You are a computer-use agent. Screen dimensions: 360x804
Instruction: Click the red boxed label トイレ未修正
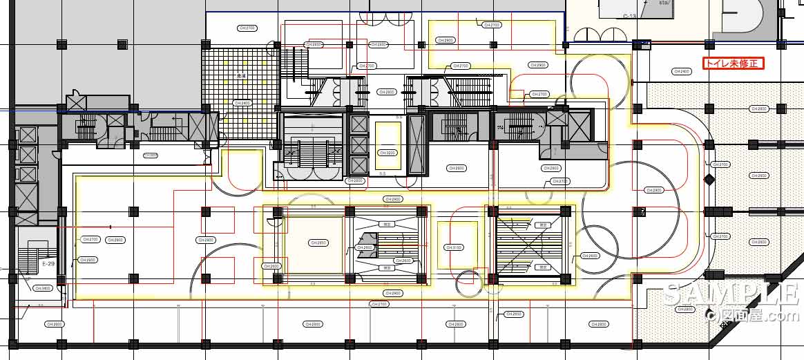pyautogui.click(x=734, y=64)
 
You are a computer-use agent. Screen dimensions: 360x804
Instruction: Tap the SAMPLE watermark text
pyautogui.click(x=731, y=293)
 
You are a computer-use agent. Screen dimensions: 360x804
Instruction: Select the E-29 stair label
pyautogui.click(x=48, y=263)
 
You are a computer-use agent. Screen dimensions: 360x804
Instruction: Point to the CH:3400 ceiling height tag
pyautogui.click(x=43, y=288)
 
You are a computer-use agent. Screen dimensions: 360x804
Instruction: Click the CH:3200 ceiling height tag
pyautogui.click(x=386, y=153)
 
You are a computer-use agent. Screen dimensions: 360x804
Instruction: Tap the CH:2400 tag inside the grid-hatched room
pyautogui.click(x=242, y=103)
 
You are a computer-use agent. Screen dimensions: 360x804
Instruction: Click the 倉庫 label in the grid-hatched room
pyautogui.click(x=242, y=77)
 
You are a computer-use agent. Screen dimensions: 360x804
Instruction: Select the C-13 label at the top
pyautogui.click(x=629, y=16)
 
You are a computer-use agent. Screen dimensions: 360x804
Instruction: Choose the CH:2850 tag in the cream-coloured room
pyautogui.click(x=318, y=243)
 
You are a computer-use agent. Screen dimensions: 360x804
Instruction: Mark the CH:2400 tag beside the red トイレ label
pyautogui.click(x=682, y=71)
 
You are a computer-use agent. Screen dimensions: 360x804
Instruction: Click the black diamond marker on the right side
pyautogui.click(x=709, y=180)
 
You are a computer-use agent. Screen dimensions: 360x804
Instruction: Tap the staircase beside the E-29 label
pyautogui.click(x=30, y=260)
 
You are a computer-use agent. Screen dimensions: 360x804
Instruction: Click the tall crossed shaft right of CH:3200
pyautogui.click(x=416, y=146)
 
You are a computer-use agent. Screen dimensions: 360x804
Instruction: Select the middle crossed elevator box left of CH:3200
pyautogui.click(x=360, y=145)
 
